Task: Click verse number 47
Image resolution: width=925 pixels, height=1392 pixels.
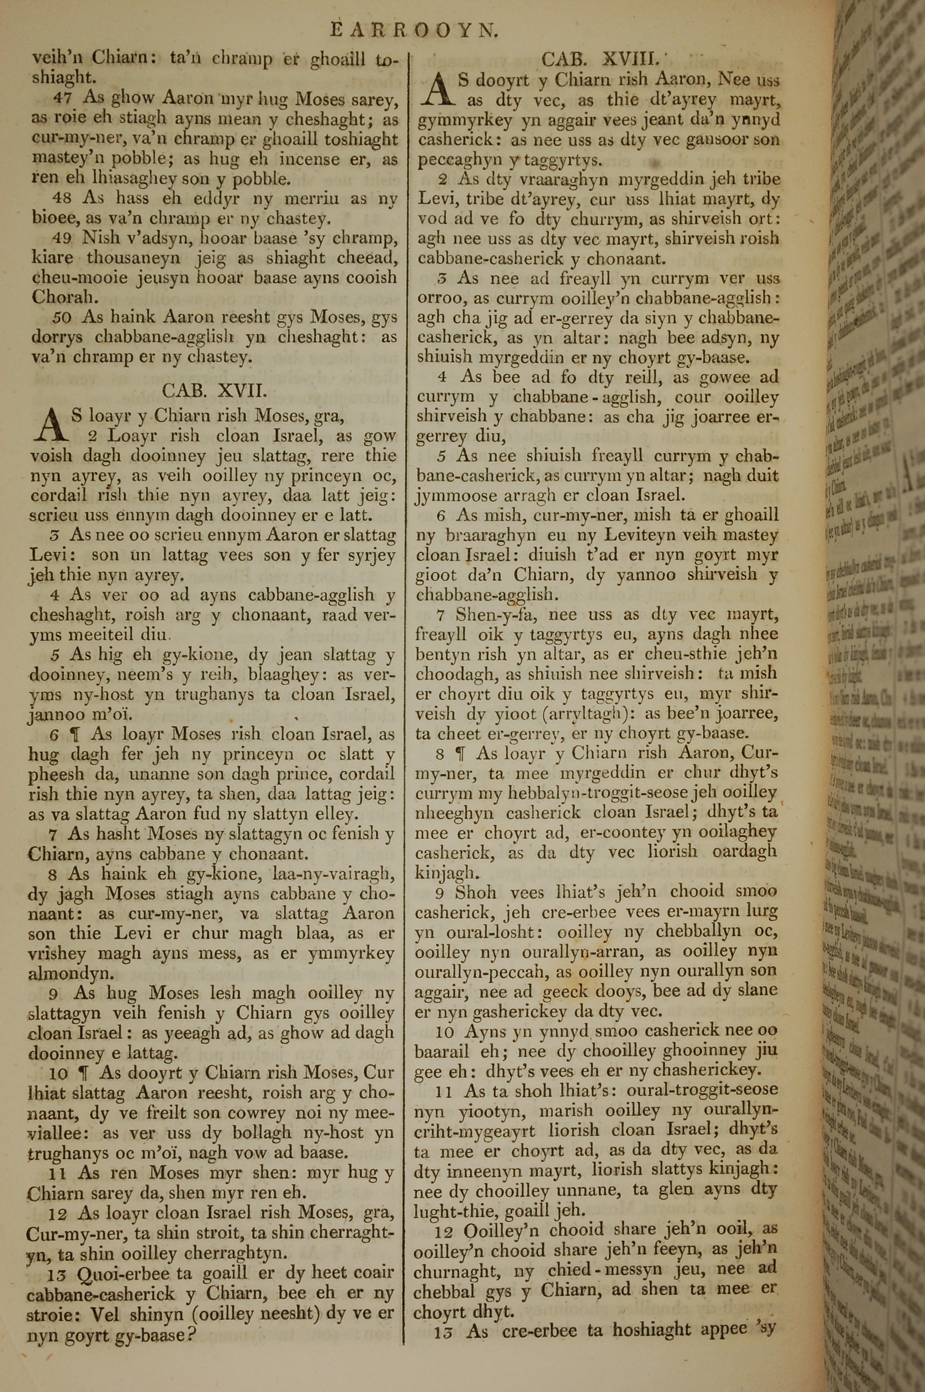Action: coord(62,98)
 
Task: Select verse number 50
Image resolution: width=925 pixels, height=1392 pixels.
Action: coord(62,318)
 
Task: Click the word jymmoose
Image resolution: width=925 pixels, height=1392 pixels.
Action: coord(454,496)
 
